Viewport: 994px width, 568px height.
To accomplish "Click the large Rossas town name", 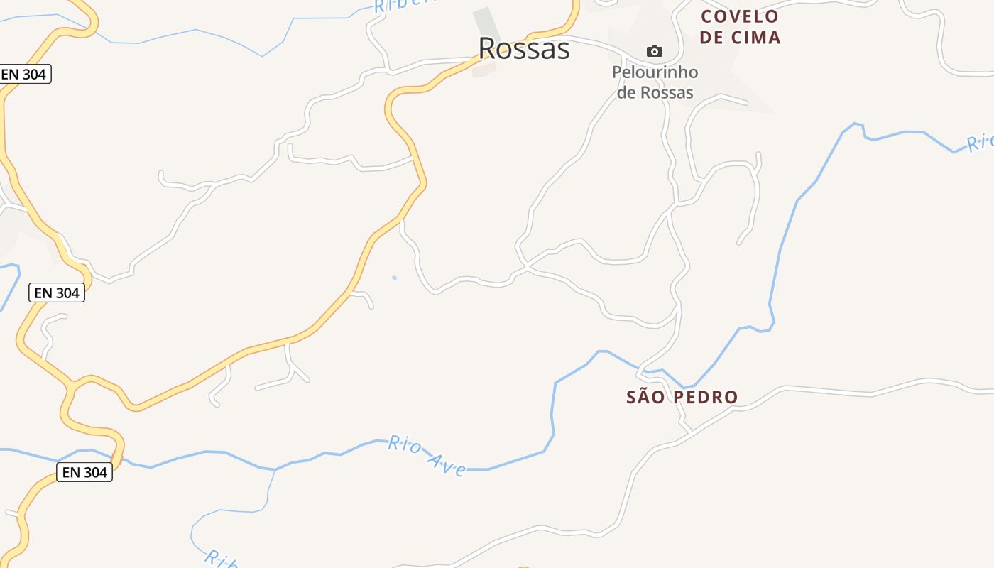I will (x=524, y=49).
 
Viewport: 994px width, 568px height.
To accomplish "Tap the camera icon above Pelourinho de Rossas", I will (x=654, y=51).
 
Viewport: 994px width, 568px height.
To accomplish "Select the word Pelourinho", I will (x=655, y=72).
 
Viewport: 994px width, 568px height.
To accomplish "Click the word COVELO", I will (x=740, y=16).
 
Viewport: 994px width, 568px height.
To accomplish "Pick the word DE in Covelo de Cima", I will (x=712, y=38).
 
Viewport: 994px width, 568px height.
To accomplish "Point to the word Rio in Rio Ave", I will (x=405, y=445).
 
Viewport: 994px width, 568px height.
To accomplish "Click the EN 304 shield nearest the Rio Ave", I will (x=84, y=472).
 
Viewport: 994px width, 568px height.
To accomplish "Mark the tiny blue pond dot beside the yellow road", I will (x=394, y=278).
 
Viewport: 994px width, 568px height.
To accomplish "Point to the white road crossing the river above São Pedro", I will (x=641, y=368).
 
